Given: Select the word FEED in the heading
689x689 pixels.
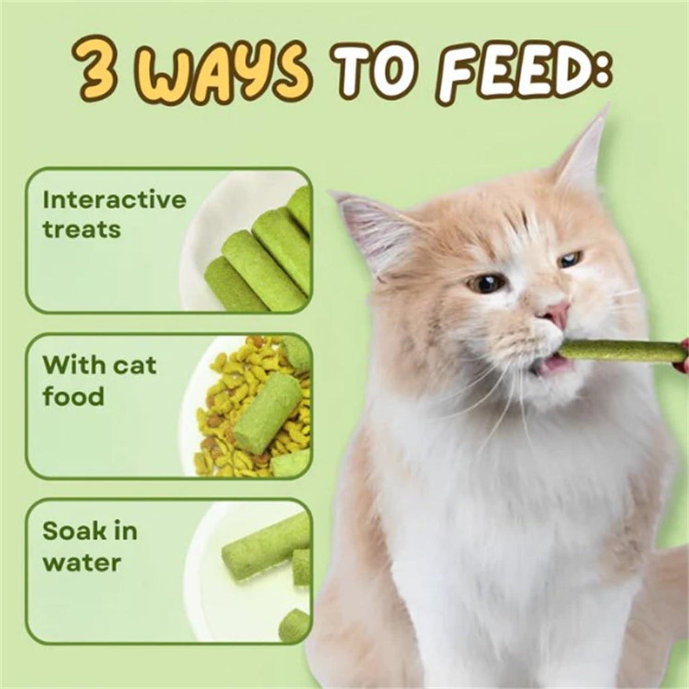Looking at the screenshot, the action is [519, 75].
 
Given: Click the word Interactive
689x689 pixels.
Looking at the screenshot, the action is [114, 199].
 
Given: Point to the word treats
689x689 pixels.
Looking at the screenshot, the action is [81, 229].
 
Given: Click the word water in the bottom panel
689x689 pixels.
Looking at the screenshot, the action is [81, 563].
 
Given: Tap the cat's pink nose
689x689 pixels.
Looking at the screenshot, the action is [555, 314].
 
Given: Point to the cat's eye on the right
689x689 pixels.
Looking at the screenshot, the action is [570, 258].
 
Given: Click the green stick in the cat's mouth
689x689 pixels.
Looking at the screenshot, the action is [620, 351].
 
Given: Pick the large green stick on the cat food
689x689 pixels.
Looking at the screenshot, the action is [268, 412].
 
